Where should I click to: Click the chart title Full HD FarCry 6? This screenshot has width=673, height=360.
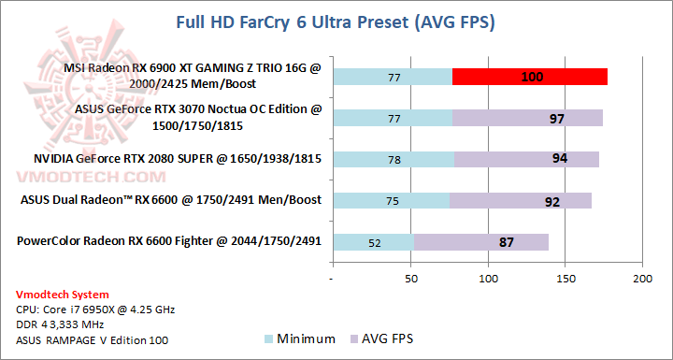pyautogui.click(x=336, y=22)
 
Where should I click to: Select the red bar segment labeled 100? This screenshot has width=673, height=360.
pyautogui.click(x=529, y=77)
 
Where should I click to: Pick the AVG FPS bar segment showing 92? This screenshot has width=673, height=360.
pyautogui.click(x=520, y=200)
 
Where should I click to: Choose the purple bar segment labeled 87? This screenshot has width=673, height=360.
pyautogui.click(x=480, y=242)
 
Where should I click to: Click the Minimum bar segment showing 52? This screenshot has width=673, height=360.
pyautogui.click(x=373, y=242)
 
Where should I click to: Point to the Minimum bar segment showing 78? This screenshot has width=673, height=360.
pyautogui.click(x=393, y=159)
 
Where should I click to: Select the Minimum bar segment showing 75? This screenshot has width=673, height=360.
pyautogui.click(x=391, y=200)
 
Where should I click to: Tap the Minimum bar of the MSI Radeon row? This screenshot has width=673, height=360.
pyautogui.click(x=392, y=77)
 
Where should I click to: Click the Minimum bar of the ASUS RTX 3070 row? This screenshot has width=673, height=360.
pyautogui.click(x=392, y=118)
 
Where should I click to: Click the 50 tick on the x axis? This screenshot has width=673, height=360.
pyautogui.click(x=409, y=279)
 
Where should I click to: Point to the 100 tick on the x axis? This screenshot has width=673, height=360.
pyautogui.click(x=487, y=279)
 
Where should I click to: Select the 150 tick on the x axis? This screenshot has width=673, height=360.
pyautogui.click(x=565, y=279)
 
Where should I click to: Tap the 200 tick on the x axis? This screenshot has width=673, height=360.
pyautogui.click(x=641, y=279)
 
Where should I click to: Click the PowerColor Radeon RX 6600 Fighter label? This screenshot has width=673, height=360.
pyautogui.click(x=168, y=241)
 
